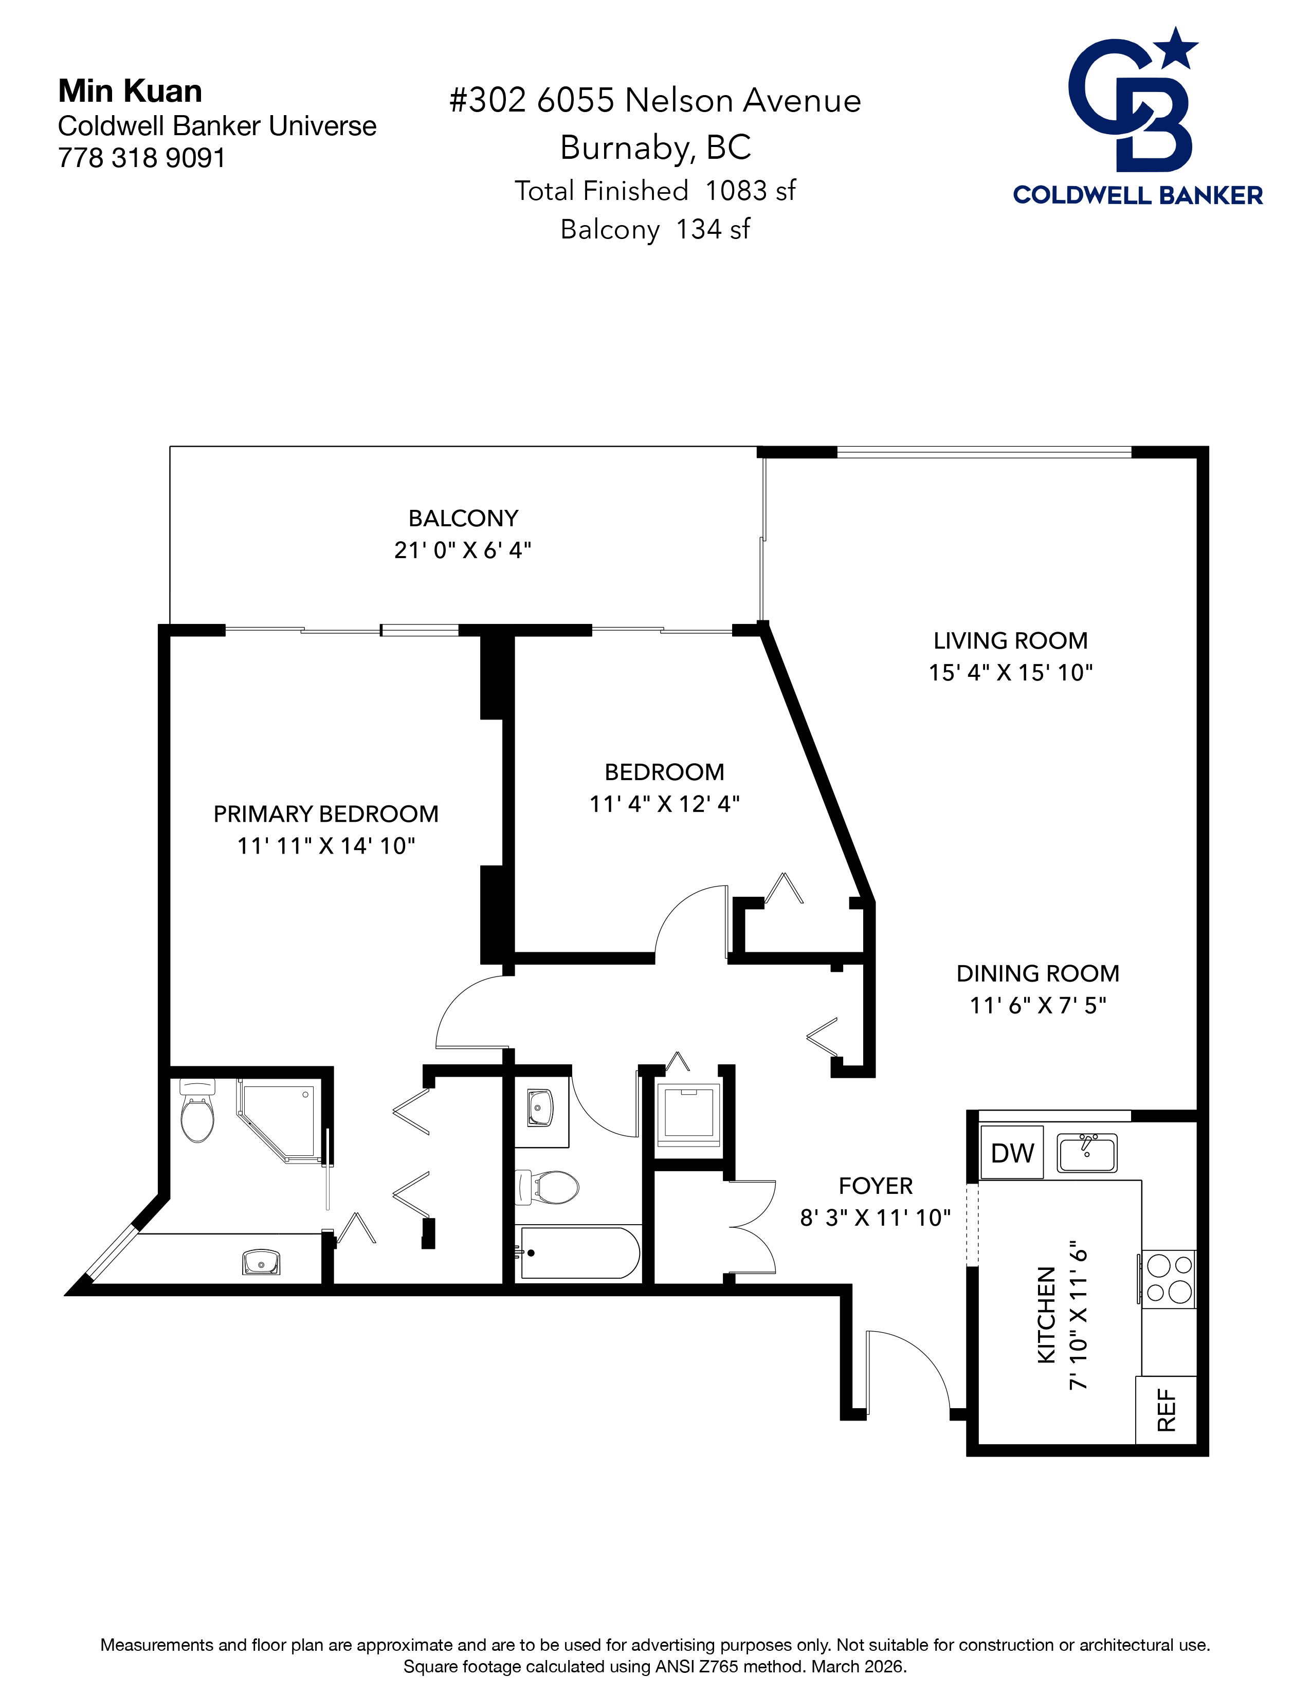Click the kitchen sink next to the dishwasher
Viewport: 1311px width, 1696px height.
1086,1152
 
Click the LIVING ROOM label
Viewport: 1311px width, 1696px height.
1010,641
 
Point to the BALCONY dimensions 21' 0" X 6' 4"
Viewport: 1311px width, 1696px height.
462,550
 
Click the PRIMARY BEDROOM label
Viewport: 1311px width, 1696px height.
325,814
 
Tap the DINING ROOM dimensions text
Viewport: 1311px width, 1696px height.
1037,1006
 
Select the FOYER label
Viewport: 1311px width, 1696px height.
876,1186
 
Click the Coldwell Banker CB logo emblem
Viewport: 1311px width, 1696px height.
1135,101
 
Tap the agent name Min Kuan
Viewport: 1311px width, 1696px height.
130,91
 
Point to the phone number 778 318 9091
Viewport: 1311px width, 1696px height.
141,158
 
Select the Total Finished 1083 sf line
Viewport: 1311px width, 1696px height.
654,190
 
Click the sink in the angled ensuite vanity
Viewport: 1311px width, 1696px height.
261,1262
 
